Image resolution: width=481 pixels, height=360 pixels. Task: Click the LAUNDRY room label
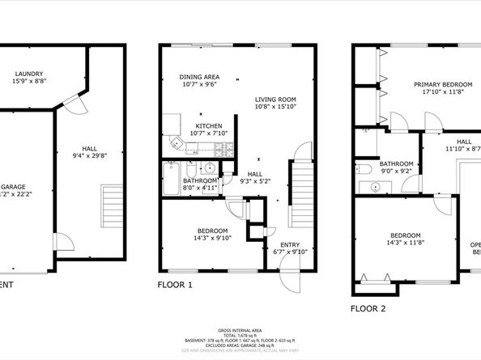coord(28,73)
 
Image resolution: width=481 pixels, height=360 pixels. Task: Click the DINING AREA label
coord(199,77)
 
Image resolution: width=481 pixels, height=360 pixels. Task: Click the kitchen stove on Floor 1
coord(227,150)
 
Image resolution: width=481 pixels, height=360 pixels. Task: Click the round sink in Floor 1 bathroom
coord(209,168)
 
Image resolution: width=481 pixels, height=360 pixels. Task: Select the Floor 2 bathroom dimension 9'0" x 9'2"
coord(396,171)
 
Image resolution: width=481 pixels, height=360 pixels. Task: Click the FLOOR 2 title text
coord(368,308)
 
